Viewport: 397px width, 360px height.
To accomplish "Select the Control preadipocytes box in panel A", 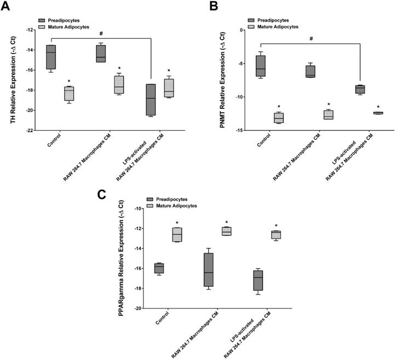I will [51, 57].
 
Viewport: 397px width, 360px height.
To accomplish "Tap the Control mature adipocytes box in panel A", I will [69, 93].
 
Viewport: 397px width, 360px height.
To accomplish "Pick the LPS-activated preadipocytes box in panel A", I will [151, 100].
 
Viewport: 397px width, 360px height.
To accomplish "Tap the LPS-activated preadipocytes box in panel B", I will [360, 89].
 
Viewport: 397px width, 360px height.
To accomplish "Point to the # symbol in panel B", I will [310, 39].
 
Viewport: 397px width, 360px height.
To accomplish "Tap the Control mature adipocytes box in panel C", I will [177, 234].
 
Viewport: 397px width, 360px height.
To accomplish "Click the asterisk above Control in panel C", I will [177, 223].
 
